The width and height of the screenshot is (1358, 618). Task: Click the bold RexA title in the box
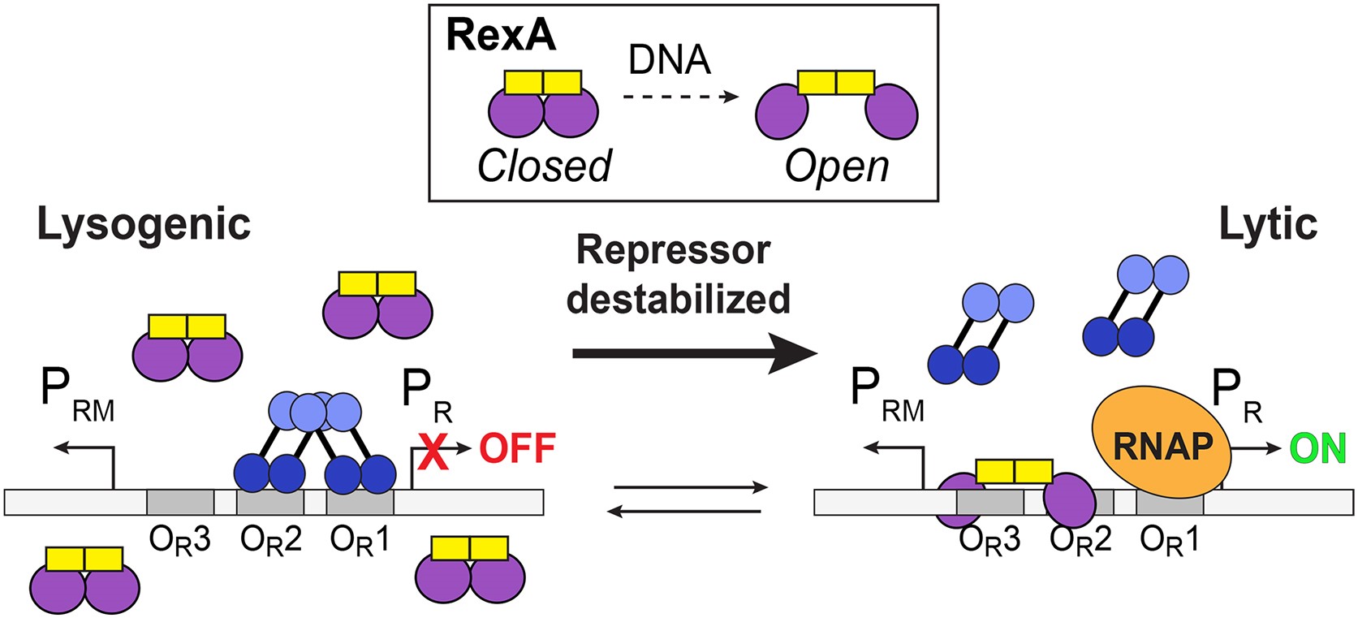tap(501, 37)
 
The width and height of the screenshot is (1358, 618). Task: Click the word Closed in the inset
tap(544, 166)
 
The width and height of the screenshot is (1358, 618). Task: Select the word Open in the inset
tap(837, 166)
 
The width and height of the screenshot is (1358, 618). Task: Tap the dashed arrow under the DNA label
tap(680, 97)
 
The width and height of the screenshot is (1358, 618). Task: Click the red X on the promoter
tap(433, 452)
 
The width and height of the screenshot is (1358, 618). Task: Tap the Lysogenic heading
tap(144, 225)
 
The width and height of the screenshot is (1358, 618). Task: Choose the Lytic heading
tap(1268, 225)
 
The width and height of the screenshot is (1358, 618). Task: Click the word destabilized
tap(678, 299)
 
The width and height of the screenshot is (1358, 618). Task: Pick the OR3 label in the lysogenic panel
tap(179, 540)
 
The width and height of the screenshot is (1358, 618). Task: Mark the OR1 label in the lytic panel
tap(1169, 540)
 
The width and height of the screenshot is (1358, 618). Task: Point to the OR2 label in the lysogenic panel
tap(270, 540)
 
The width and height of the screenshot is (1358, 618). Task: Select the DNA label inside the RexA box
tap(670, 60)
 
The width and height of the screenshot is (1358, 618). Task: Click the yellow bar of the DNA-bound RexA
tap(1014, 472)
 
